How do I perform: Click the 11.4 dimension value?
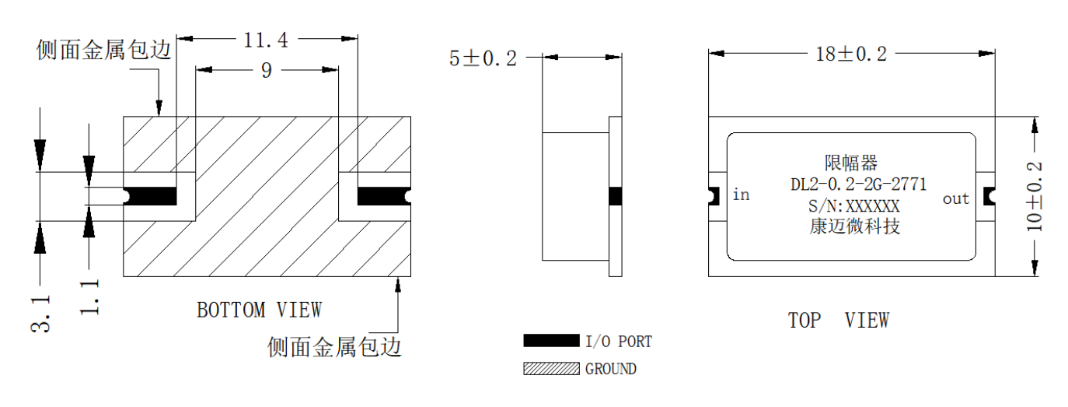[266, 40]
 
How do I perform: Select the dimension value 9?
[267, 71]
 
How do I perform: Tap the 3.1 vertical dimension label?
[40, 314]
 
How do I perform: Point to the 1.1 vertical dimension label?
[89, 297]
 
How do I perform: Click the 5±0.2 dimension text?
[483, 58]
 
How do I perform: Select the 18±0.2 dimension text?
[851, 54]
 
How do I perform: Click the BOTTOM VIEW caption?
[260, 311]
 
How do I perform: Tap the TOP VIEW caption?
[839, 320]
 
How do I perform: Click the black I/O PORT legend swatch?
[551, 340]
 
